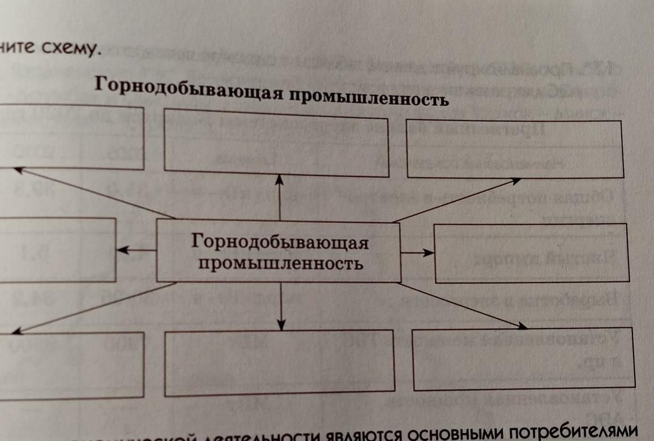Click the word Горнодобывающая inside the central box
280,242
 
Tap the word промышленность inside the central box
280,263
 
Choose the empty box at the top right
515,148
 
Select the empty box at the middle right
532,252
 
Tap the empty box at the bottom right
524,359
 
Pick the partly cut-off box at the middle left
57,249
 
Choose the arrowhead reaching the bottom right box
522,326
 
